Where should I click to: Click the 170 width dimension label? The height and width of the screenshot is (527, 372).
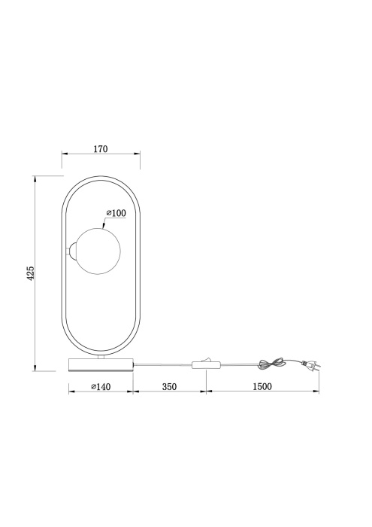(x=101, y=149)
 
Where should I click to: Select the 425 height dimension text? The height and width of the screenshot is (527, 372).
(x=31, y=273)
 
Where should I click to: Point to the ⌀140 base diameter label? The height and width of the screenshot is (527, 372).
(x=101, y=386)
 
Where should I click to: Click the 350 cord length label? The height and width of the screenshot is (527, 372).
(x=169, y=386)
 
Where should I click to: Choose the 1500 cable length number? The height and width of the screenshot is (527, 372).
(x=262, y=386)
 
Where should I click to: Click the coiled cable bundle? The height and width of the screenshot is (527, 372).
(x=270, y=364)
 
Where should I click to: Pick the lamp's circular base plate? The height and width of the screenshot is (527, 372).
(x=101, y=364)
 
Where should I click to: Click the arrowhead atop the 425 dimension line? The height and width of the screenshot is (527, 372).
(x=35, y=179)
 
